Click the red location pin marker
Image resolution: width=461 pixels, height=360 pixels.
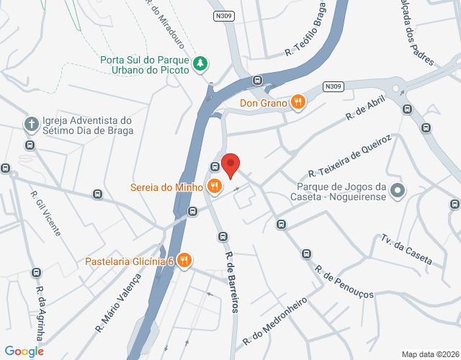[x=230, y=165]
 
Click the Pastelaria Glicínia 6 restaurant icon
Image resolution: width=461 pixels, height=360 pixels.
[x=184, y=261]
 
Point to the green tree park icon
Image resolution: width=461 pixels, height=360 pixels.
[x=201, y=64]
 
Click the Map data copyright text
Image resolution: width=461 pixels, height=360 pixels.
[x=429, y=354]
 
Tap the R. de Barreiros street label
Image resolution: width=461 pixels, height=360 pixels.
[x=231, y=282]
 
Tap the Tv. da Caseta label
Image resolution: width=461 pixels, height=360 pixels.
[x=407, y=249]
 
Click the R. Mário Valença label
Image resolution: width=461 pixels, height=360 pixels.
[x=118, y=305]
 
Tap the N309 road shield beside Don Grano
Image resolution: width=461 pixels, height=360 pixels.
[x=333, y=86]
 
